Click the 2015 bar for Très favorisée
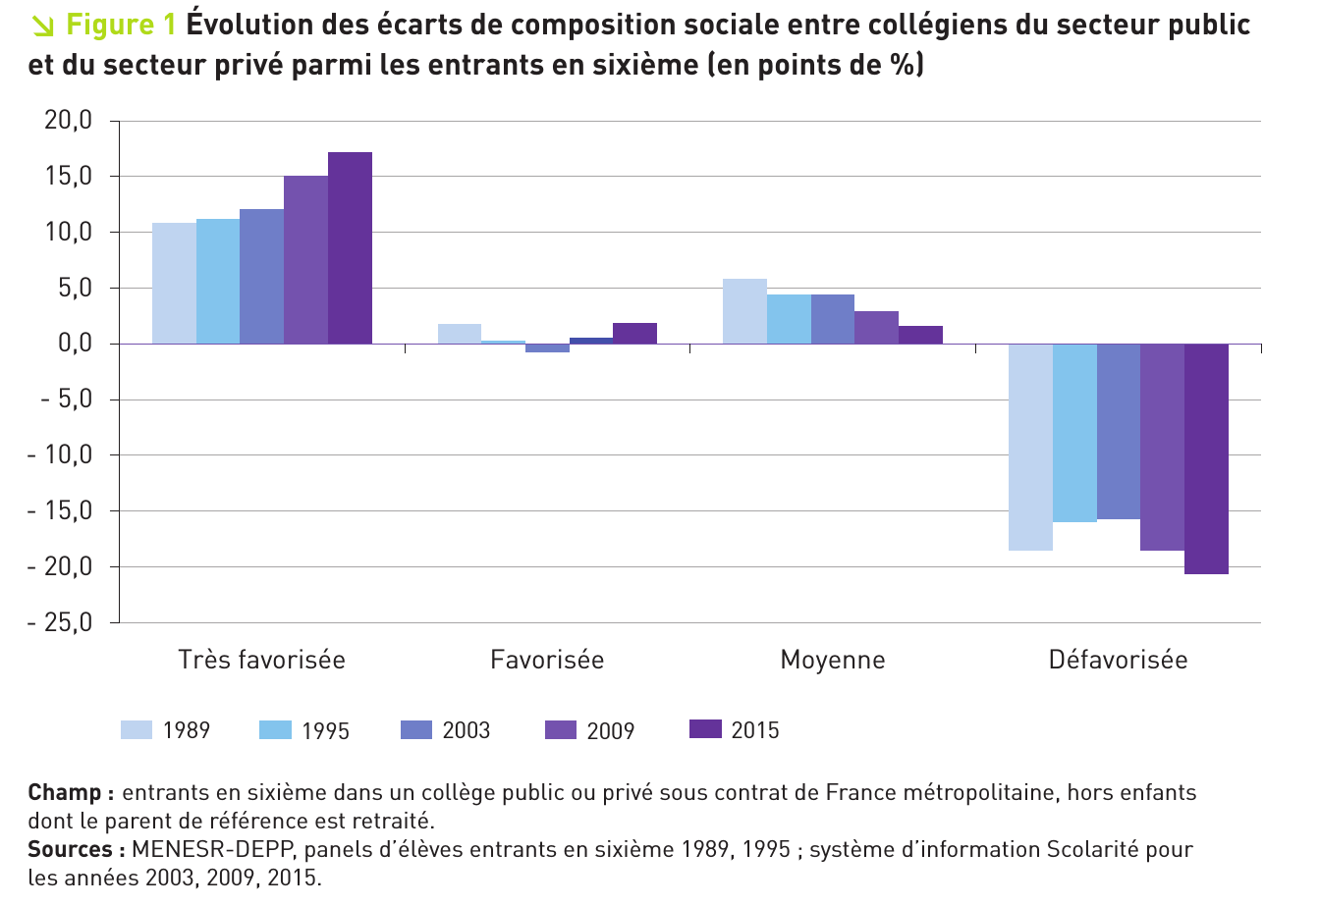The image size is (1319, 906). pos(350,247)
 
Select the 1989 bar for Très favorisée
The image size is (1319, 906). pos(174,283)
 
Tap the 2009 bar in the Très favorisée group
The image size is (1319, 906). pos(305,259)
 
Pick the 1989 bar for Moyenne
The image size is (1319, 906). pos(744,311)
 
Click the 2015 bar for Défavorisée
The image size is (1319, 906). pos(1206,458)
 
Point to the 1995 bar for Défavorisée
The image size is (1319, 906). pos(1074,433)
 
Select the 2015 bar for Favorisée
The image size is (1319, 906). pos(634,333)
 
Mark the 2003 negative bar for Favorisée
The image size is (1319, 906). pos(547,347)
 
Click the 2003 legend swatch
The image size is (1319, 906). pos(416,729)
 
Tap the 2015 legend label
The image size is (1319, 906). pos(755,730)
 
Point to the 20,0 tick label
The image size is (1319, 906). pos(68,121)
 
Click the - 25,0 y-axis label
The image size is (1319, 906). pos(60,622)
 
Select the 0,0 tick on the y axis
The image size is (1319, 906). pos(74,344)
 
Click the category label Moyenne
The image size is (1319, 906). pos(832,660)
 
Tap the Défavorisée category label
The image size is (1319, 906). pos(1118,660)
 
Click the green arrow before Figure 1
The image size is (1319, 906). pos(42,26)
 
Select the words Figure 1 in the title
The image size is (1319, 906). pos(121,26)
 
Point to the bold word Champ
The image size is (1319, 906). pos(65,792)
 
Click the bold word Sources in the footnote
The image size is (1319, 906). pos(72,849)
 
